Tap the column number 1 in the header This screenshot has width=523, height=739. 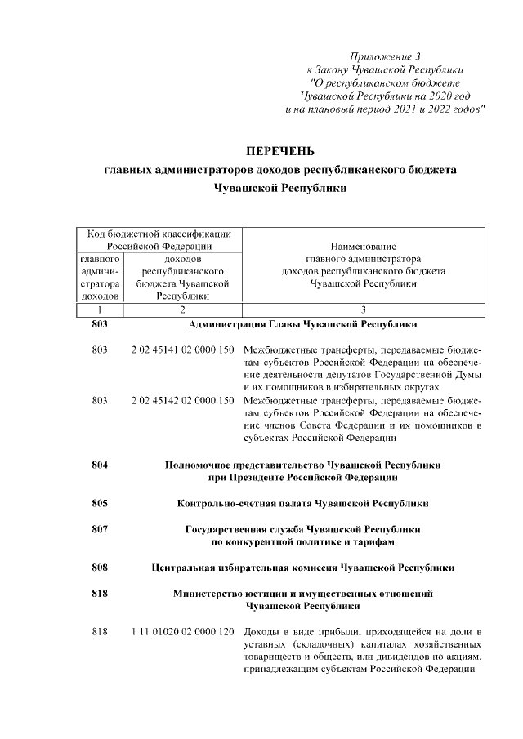click(99, 310)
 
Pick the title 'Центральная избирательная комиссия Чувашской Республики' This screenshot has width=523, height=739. click(303, 567)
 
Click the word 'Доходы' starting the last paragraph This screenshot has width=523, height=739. click(264, 633)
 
